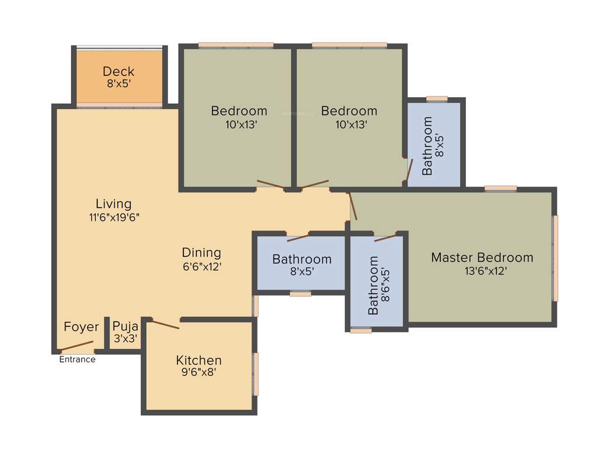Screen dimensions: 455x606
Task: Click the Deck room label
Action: [118, 71]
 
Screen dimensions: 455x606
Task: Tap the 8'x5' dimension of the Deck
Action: [118, 84]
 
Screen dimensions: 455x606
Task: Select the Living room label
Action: [114, 204]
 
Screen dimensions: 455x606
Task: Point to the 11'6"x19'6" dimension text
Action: [114, 217]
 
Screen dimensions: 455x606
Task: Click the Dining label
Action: [201, 252]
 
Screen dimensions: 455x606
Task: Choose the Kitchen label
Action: [199, 360]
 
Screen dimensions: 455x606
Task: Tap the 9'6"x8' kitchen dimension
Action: [199, 373]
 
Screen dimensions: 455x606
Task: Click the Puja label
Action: [125, 326]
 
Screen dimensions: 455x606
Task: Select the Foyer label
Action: [81, 327]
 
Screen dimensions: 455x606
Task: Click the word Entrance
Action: [77, 359]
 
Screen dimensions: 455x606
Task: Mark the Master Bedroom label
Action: [482, 258]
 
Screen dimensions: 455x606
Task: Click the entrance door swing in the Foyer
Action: [77, 345]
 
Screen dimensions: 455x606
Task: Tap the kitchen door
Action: [165, 323]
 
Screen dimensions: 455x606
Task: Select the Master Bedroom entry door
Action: [353, 206]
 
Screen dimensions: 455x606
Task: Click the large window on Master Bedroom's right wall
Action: [555, 258]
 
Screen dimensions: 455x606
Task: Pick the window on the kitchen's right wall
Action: [256, 374]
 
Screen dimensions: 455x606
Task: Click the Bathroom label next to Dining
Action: [301, 259]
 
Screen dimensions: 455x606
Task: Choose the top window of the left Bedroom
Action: [236, 45]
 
